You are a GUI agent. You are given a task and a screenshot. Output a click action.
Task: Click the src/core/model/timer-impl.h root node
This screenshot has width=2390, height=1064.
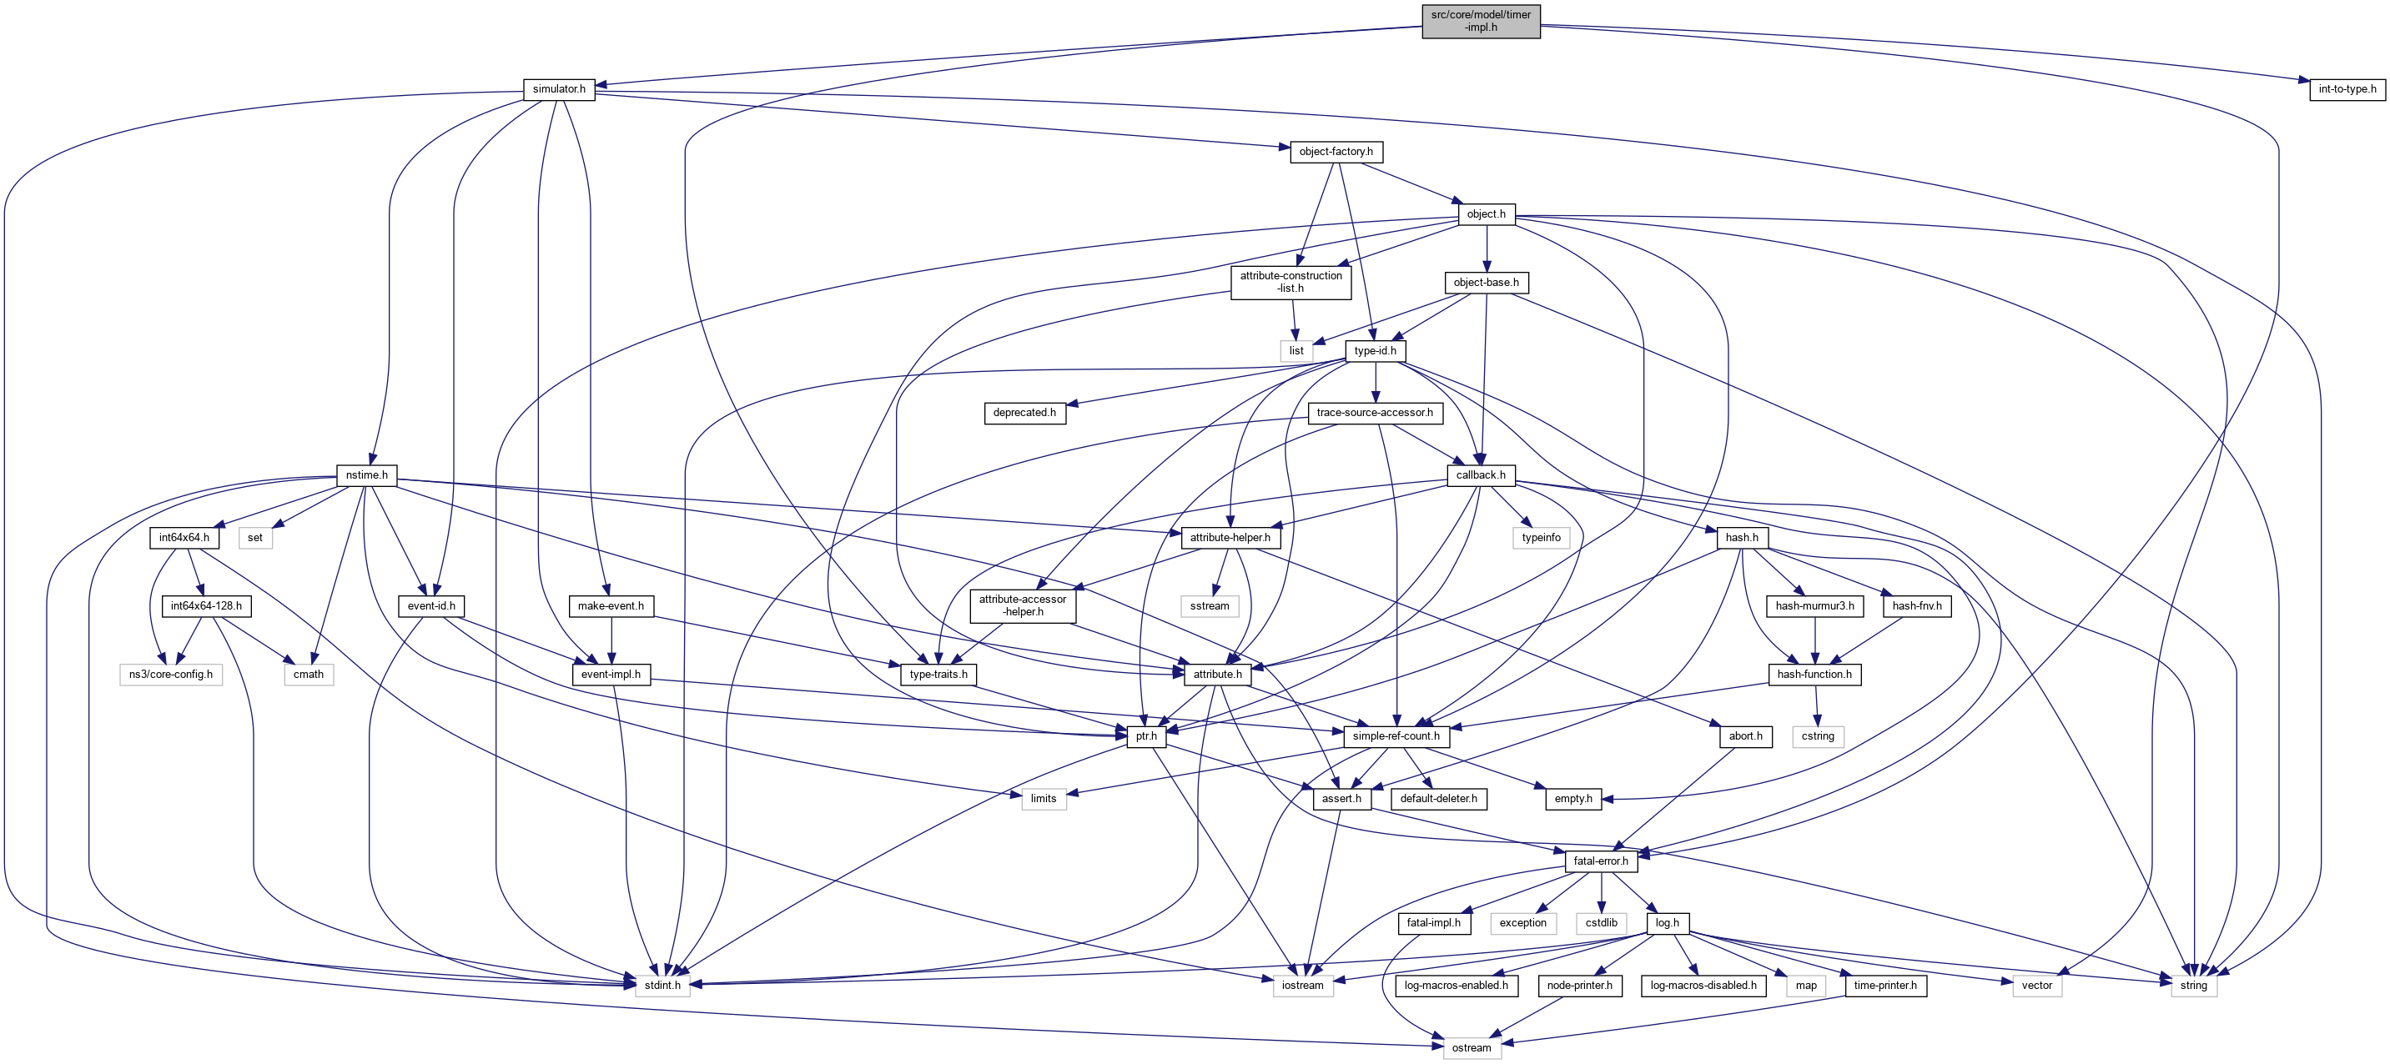click(1481, 20)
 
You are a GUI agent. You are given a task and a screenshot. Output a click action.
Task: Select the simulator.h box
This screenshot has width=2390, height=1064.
click(559, 89)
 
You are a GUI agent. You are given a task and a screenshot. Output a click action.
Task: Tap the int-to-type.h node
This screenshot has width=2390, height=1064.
click(2347, 89)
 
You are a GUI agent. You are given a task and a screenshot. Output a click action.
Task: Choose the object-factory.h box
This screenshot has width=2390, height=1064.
click(1336, 151)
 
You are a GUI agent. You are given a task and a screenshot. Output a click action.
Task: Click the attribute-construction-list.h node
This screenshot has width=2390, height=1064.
click(1291, 282)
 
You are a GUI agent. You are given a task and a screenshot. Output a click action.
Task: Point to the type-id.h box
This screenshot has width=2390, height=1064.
click(1375, 351)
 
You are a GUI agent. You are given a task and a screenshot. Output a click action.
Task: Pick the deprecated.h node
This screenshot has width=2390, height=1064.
click(1024, 413)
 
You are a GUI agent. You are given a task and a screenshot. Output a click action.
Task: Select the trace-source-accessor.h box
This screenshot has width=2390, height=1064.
click(1375, 413)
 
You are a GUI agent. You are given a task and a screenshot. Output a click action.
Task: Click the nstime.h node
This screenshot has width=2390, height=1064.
click(366, 475)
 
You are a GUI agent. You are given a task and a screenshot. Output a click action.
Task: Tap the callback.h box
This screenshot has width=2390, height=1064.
click(1481, 475)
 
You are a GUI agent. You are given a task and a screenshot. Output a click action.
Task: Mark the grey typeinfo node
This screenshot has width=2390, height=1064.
click(1541, 537)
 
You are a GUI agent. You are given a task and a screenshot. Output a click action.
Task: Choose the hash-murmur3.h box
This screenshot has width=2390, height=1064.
click(1814, 605)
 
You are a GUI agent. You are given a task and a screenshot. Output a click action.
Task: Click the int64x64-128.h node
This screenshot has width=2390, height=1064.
click(206, 605)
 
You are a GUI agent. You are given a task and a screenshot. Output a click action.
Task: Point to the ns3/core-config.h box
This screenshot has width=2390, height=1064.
click(171, 675)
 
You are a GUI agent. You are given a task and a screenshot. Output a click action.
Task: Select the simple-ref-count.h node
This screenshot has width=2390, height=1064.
click(1396, 736)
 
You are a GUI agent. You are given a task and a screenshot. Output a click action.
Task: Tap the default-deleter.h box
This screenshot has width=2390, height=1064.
click(1438, 799)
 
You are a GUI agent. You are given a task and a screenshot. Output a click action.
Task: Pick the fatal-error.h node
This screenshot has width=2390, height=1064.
click(1601, 861)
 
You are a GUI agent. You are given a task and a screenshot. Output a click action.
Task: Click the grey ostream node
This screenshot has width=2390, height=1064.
click(1472, 1048)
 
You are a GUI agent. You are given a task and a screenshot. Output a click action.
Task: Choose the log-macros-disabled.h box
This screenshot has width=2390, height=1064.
click(1703, 985)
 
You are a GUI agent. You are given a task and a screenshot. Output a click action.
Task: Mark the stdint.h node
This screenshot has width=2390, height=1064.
click(662, 985)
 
